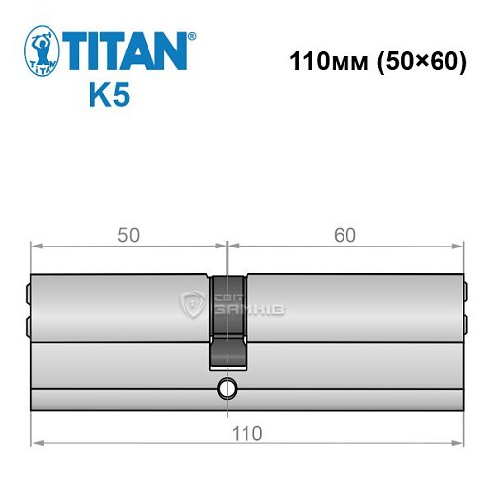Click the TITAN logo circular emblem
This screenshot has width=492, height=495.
[x=40, y=51]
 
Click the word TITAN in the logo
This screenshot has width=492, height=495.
[x=126, y=50]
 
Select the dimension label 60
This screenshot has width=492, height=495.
[x=344, y=235]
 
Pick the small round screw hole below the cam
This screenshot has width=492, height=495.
[x=227, y=387]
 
